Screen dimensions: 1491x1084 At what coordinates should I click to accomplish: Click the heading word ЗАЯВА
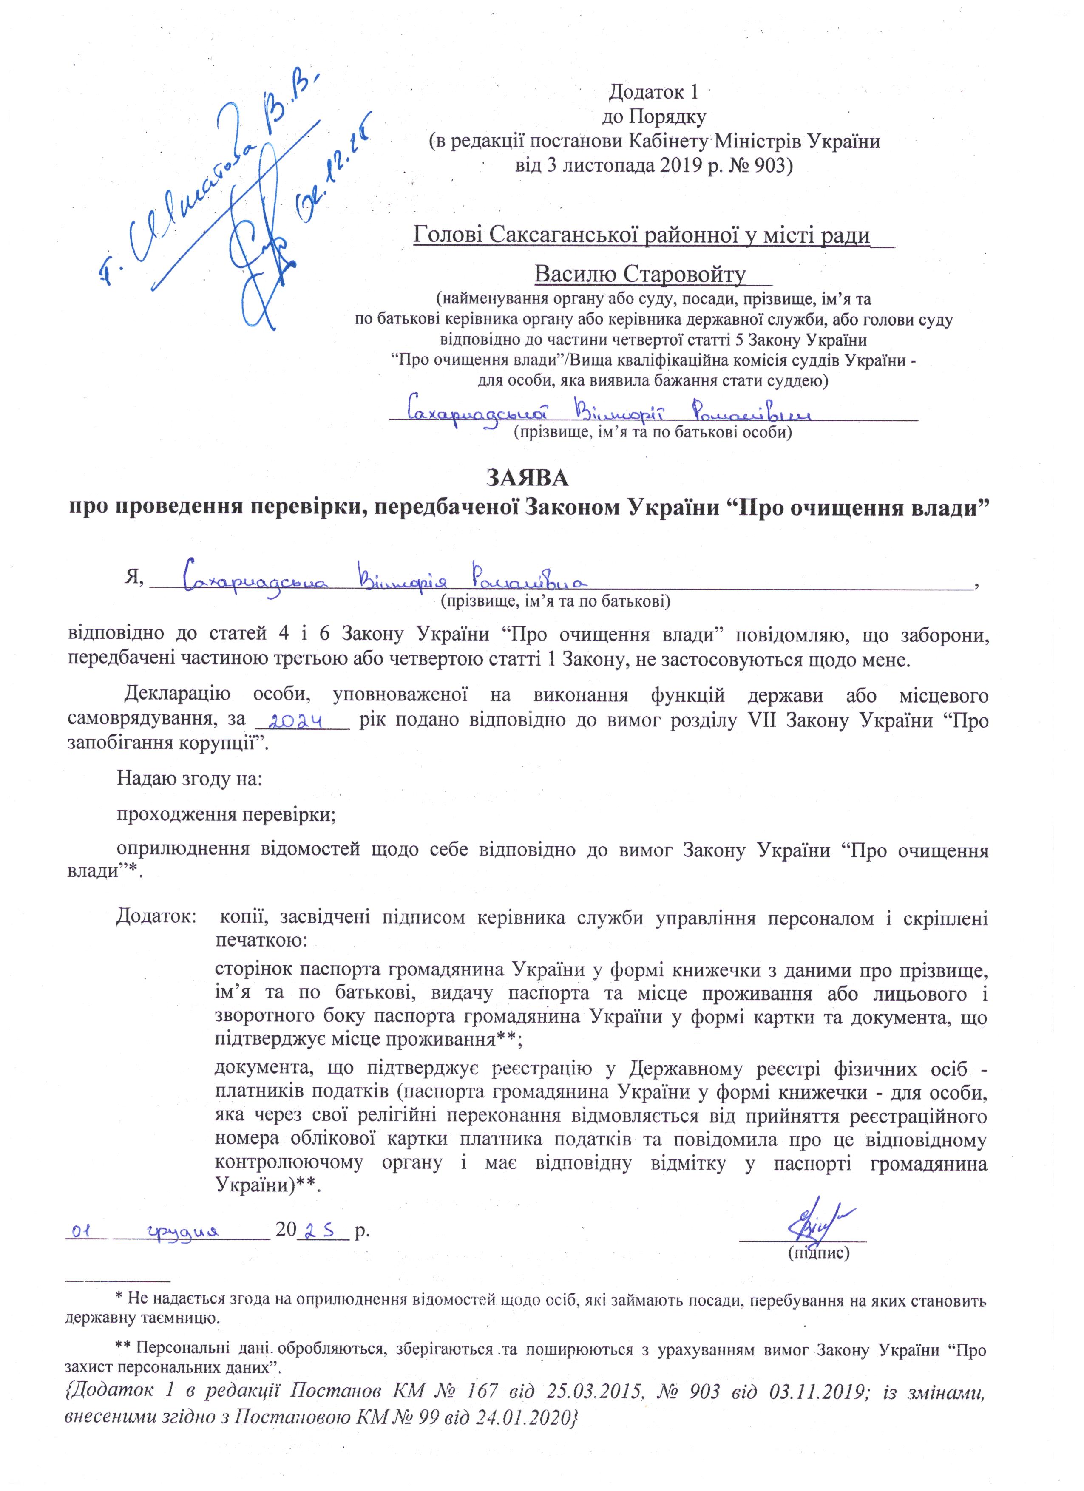pos(527,478)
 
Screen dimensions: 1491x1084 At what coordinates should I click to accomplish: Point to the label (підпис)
pos(818,1253)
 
